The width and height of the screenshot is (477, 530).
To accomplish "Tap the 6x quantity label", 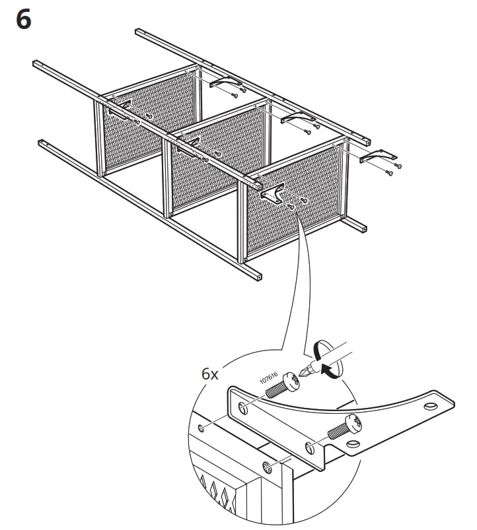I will (210, 374).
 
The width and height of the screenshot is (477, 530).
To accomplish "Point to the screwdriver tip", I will (304, 372).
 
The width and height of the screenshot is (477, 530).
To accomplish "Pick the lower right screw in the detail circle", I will (346, 427).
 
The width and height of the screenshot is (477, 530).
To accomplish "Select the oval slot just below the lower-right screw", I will (354, 444).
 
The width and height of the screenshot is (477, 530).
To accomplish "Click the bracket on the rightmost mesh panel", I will (274, 192).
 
